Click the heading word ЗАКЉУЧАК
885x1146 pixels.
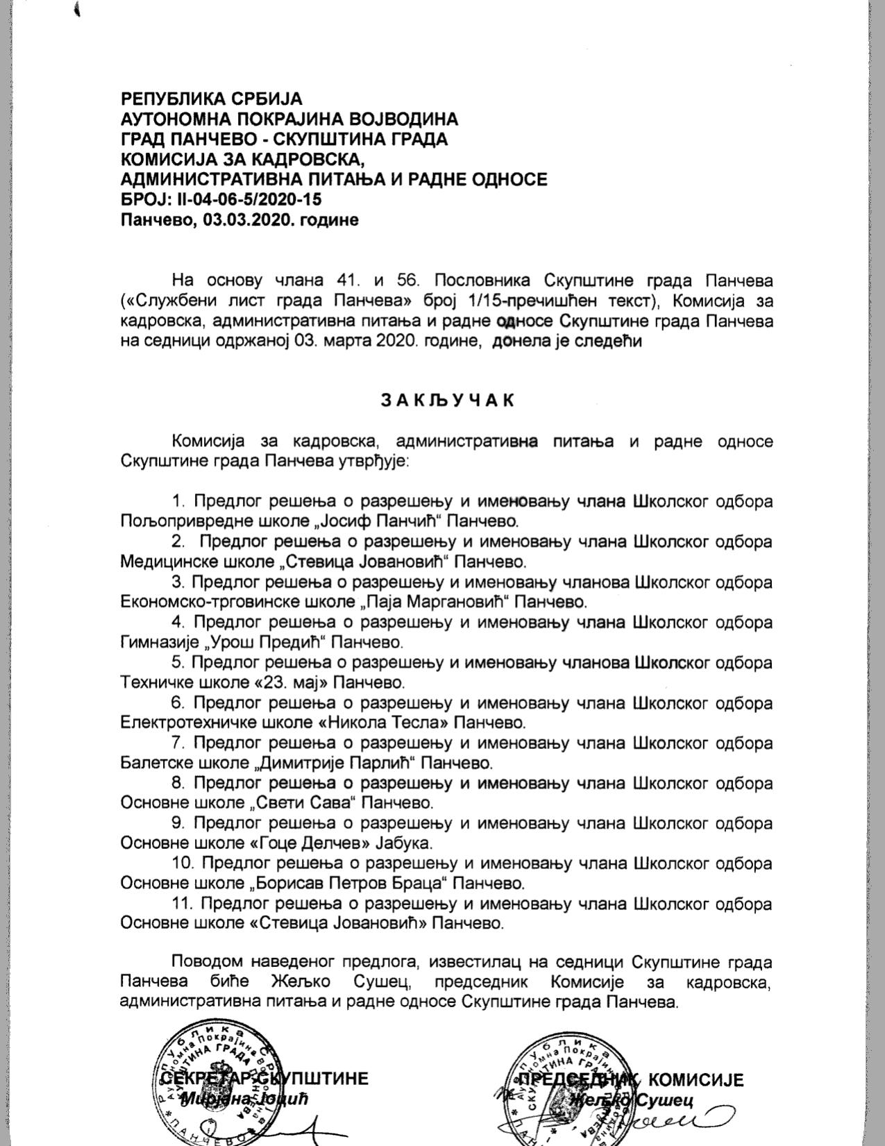447,401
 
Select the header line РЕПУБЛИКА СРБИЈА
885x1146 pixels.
212,99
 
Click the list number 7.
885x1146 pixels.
178,742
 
